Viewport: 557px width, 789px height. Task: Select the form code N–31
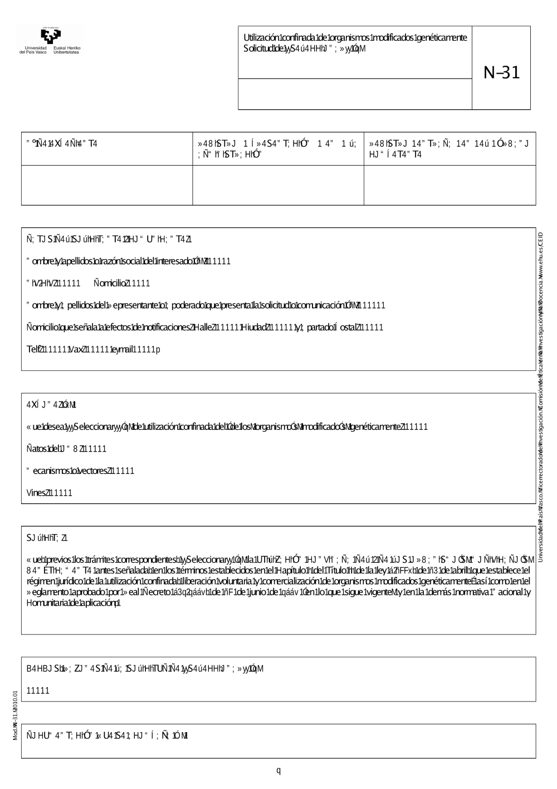(501, 73)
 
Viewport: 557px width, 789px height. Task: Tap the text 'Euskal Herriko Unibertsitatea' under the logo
(67, 50)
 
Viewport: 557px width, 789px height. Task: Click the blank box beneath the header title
(355, 94)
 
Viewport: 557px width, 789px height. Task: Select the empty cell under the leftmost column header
(107, 185)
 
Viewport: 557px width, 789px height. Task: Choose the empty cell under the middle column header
(278, 185)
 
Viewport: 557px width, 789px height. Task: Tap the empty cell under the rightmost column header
(449, 185)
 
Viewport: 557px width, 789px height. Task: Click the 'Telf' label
(33, 350)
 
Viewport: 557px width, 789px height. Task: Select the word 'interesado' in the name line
(168, 261)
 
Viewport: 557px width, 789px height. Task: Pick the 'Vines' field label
(36, 493)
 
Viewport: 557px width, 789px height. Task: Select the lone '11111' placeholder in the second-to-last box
(38, 690)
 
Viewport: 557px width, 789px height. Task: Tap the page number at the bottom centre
(278, 771)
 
